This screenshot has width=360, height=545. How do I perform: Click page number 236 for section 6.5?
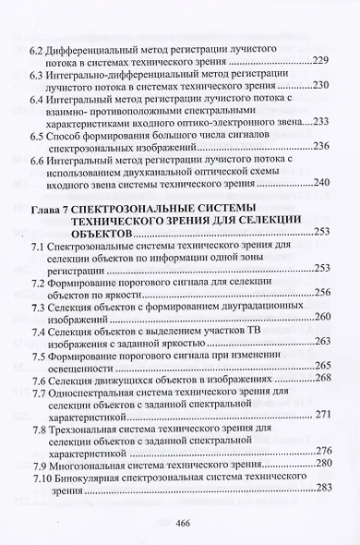(x=321, y=146)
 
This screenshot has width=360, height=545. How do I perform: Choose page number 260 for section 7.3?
(x=321, y=318)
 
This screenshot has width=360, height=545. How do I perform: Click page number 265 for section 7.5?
(x=321, y=367)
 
